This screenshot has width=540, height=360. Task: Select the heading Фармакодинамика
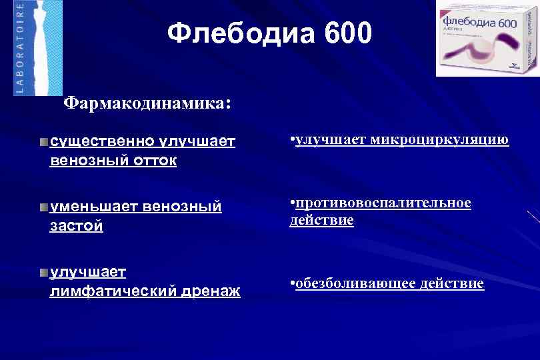(146, 104)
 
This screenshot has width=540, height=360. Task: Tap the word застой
(77, 226)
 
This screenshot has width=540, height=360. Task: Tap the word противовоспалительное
(383, 203)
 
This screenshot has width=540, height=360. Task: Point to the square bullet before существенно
(43, 142)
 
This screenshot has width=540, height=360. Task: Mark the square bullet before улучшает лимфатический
(43, 272)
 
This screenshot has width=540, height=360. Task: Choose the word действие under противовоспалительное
(321, 221)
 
